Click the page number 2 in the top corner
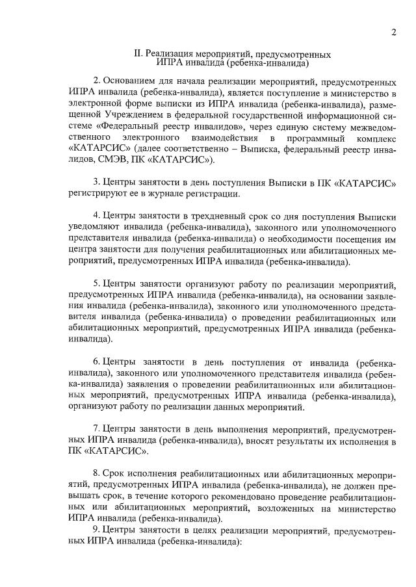point(394,33)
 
